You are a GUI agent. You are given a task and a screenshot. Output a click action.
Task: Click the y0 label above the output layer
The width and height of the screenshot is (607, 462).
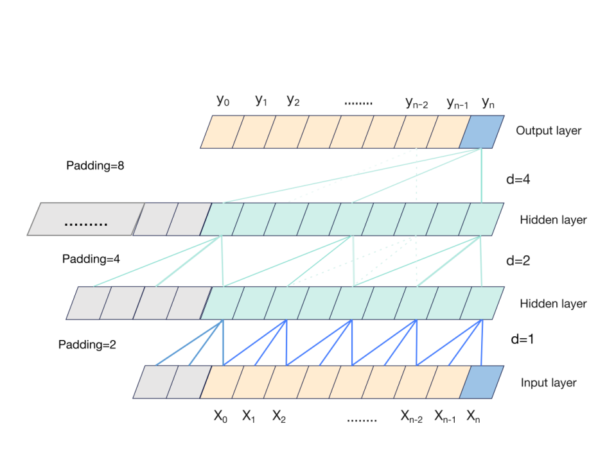click(222, 101)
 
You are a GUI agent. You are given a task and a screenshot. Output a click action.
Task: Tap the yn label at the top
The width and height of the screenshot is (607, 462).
click(488, 101)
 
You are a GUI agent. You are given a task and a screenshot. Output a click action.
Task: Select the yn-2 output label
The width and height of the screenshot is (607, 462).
click(416, 102)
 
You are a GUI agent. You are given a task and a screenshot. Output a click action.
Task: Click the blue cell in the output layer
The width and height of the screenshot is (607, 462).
click(486, 132)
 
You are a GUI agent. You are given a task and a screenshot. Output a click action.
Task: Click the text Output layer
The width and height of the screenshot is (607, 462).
click(548, 131)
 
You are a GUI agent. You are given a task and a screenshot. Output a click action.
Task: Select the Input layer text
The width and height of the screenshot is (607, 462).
click(549, 383)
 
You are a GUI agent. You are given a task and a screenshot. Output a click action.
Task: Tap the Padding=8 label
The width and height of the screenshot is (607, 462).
click(95, 166)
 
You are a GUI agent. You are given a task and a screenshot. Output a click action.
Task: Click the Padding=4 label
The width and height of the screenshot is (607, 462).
click(91, 259)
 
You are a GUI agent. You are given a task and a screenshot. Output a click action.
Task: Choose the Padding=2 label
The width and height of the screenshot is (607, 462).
click(87, 345)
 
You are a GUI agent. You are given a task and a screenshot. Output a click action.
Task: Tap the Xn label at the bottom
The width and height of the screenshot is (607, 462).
click(473, 416)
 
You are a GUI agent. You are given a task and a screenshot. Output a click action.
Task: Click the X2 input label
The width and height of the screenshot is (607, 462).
click(279, 416)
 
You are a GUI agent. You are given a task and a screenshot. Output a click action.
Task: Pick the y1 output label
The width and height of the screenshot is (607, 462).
click(261, 101)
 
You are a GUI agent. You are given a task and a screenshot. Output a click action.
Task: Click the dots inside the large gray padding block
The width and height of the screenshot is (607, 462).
click(85, 223)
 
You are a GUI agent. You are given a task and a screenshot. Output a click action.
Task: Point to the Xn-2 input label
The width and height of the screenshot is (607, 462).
click(412, 416)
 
